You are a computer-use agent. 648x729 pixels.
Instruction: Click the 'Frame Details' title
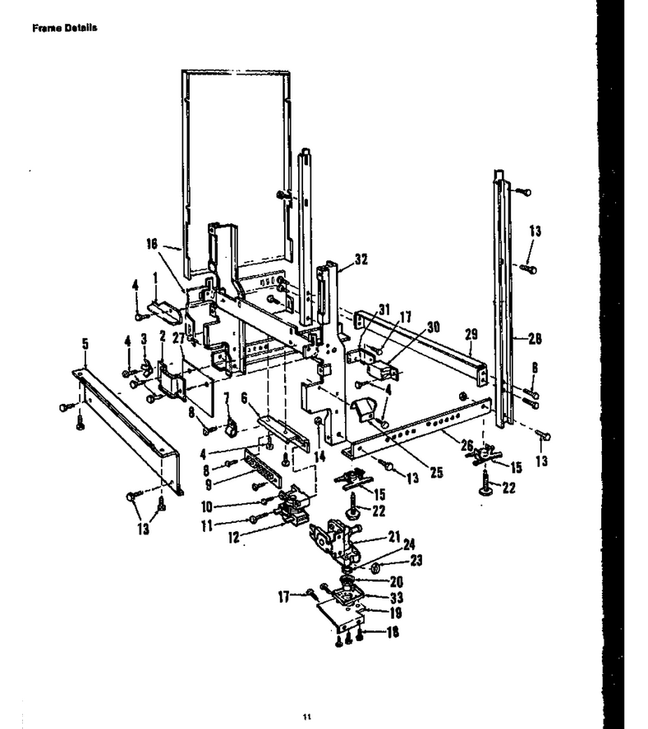65,28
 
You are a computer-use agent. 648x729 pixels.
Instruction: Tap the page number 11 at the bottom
307,717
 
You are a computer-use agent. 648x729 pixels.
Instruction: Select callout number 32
361,259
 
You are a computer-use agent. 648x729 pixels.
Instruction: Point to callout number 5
85,344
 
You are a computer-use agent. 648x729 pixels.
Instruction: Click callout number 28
535,338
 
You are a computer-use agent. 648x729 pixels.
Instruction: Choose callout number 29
471,334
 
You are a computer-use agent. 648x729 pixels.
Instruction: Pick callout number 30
433,327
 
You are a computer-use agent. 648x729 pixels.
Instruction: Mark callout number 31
384,309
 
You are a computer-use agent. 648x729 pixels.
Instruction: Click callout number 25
436,472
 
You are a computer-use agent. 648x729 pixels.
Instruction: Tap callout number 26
467,446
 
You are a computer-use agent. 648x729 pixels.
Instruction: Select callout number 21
394,537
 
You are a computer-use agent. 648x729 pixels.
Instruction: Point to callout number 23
416,560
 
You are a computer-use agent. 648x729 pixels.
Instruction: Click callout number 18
393,632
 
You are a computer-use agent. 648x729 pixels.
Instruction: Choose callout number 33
397,598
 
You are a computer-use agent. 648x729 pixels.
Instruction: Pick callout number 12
234,538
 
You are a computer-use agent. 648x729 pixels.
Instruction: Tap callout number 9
209,484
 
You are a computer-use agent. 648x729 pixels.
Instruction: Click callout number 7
227,398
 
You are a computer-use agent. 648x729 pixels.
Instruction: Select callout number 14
319,456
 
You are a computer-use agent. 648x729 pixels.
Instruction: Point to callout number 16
152,244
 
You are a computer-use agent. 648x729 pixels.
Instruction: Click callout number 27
178,338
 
